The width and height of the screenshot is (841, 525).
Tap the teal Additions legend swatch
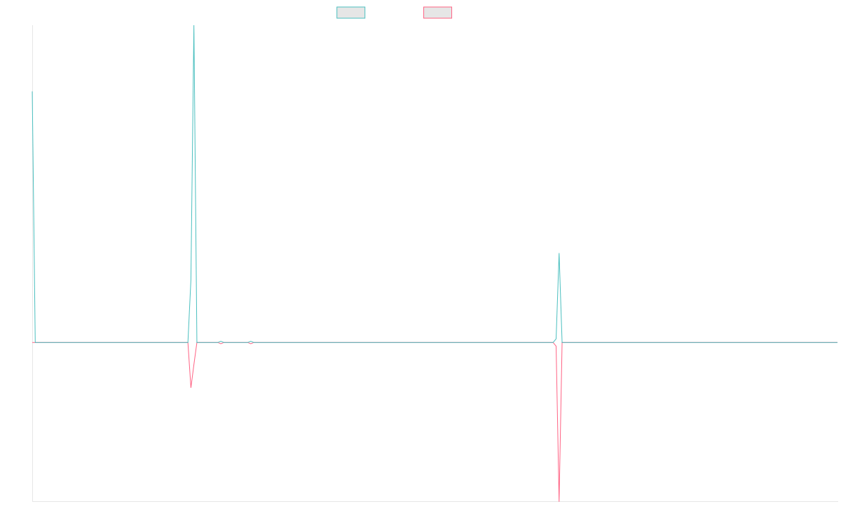click(351, 13)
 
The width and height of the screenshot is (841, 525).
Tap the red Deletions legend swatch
click(438, 13)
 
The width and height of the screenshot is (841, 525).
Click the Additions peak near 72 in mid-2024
click(559, 253)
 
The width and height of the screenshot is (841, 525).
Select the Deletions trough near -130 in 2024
click(559, 500)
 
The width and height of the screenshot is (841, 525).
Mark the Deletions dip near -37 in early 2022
click(191, 388)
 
